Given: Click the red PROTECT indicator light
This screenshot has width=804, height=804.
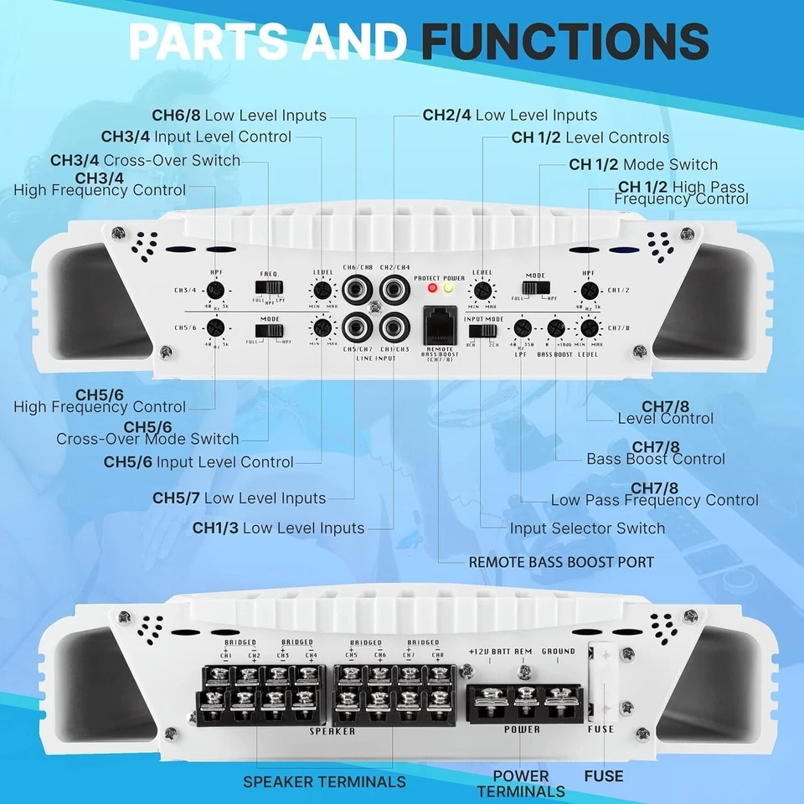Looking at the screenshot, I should pyautogui.click(x=432, y=288).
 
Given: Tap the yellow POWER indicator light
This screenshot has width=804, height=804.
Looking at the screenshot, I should pyautogui.click(x=448, y=288).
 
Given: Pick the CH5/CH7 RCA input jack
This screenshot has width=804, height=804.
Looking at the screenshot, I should pyautogui.click(x=358, y=324).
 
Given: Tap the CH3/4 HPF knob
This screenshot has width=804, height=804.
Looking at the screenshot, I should pyautogui.click(x=215, y=291).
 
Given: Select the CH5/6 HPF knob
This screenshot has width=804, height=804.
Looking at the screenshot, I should pyautogui.click(x=215, y=327).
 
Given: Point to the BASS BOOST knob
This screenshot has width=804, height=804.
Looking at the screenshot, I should pyautogui.click(x=555, y=329).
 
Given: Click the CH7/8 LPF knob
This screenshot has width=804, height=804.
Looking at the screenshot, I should pyautogui.click(x=523, y=328).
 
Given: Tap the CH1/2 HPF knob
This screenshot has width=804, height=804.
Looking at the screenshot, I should pyautogui.click(x=589, y=291).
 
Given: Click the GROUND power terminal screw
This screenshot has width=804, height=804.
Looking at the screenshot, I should pyautogui.click(x=562, y=695).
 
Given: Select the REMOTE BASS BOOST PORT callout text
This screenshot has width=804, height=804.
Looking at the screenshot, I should pyautogui.click(x=560, y=561).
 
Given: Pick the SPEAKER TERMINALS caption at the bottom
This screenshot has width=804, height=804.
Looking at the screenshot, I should pyautogui.click(x=324, y=781).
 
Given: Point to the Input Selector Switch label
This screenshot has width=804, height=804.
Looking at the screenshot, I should pyautogui.click(x=587, y=528).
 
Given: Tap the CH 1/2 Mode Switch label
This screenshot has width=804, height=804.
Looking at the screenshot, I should pyautogui.click(x=643, y=165).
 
